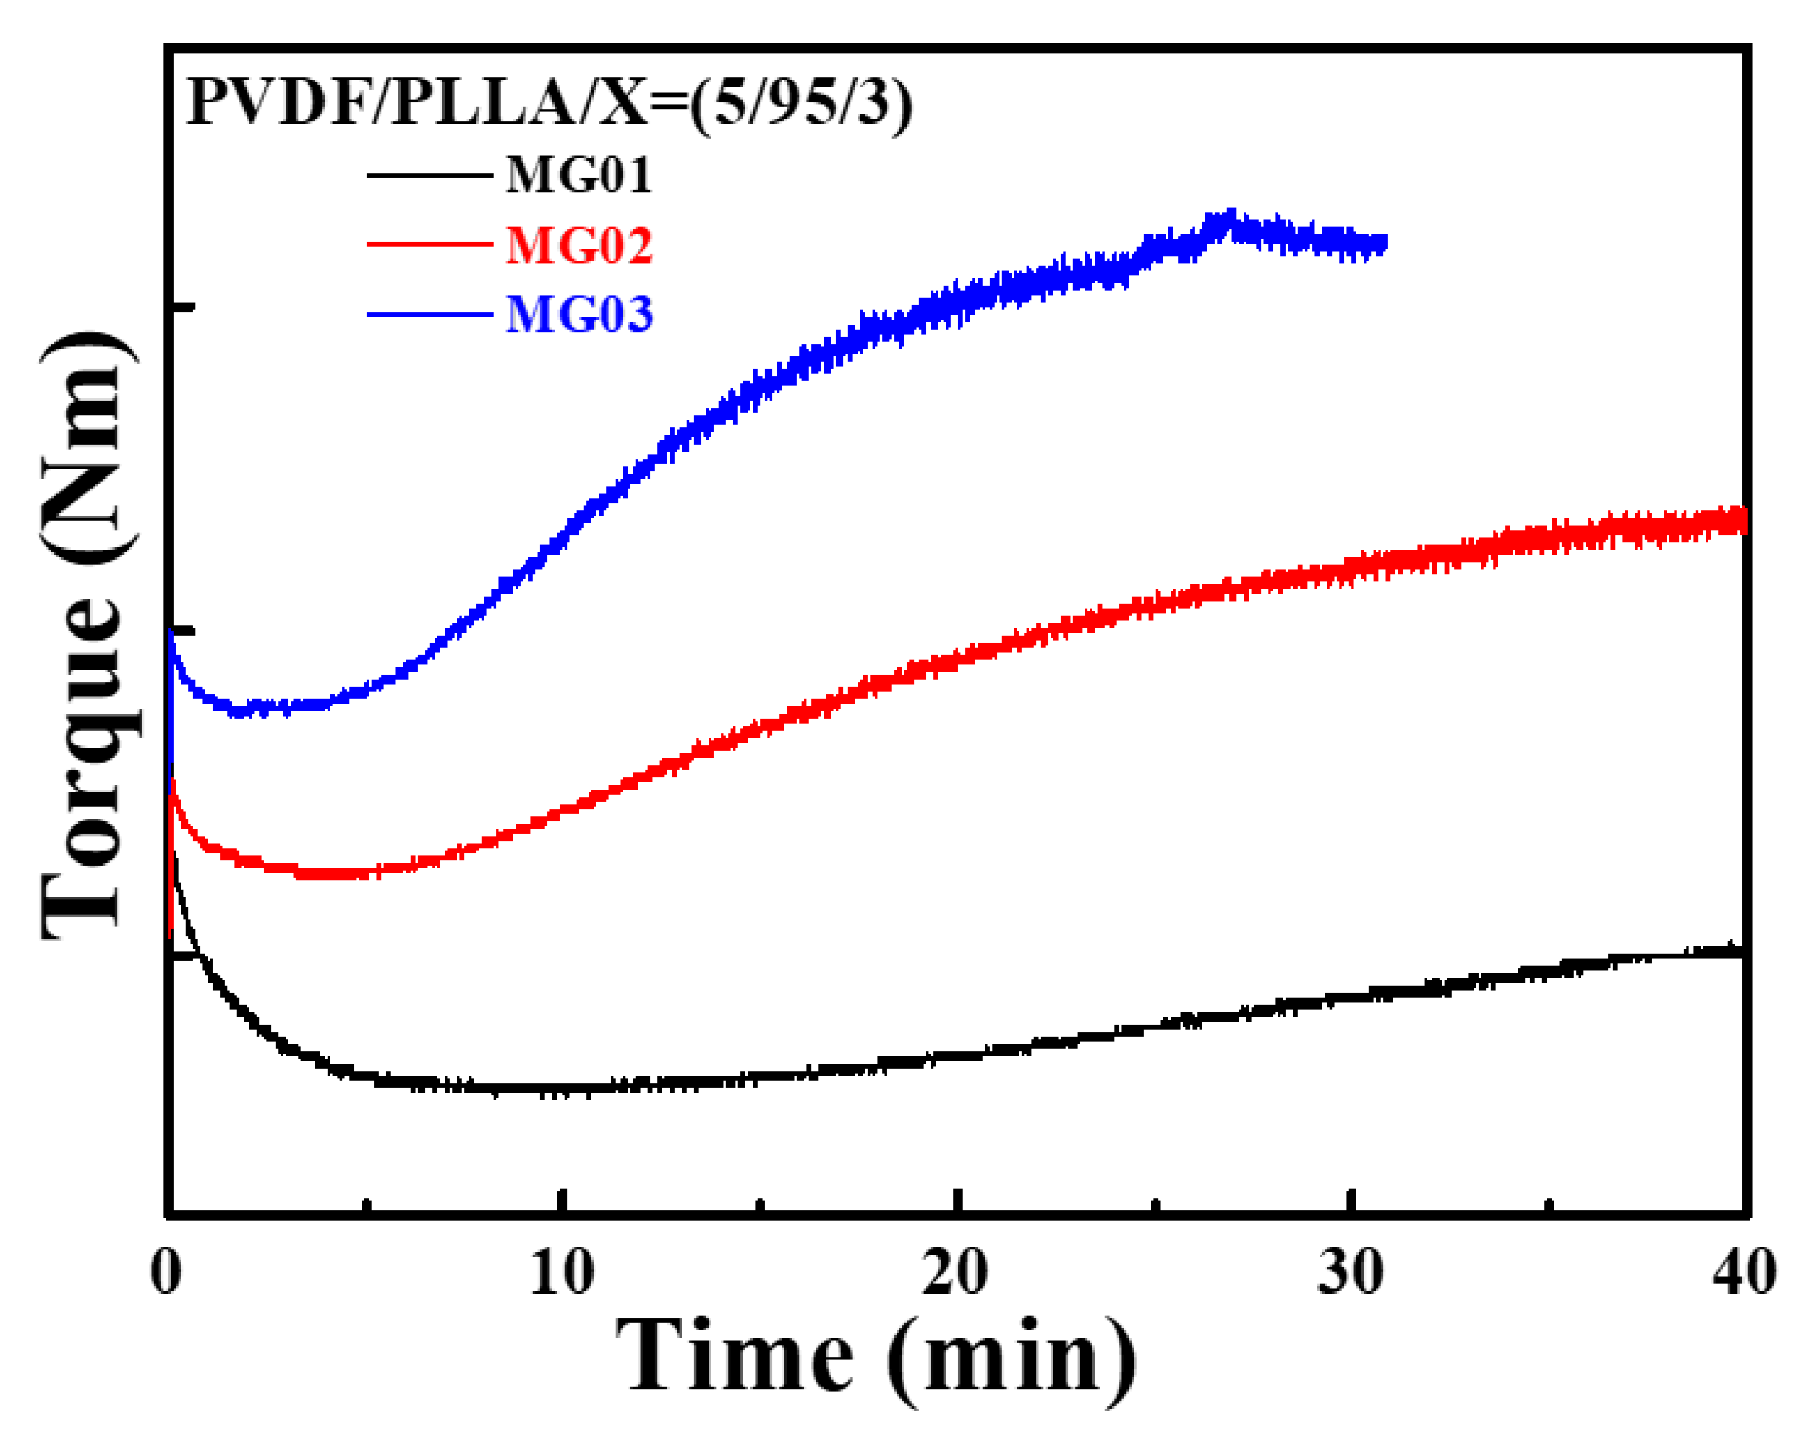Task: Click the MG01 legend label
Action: coord(578,176)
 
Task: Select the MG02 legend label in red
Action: coord(578,245)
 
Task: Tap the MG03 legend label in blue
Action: coord(578,315)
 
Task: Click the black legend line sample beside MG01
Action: coord(429,174)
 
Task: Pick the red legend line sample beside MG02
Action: coord(429,244)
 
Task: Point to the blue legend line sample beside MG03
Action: coord(429,315)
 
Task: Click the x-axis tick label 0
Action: coord(166,1271)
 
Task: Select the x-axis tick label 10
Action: coord(561,1271)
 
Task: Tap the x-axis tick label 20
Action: coord(955,1271)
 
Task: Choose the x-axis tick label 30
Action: coord(1350,1271)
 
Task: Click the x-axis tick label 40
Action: coord(1743,1271)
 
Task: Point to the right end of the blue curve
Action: coord(1385,244)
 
